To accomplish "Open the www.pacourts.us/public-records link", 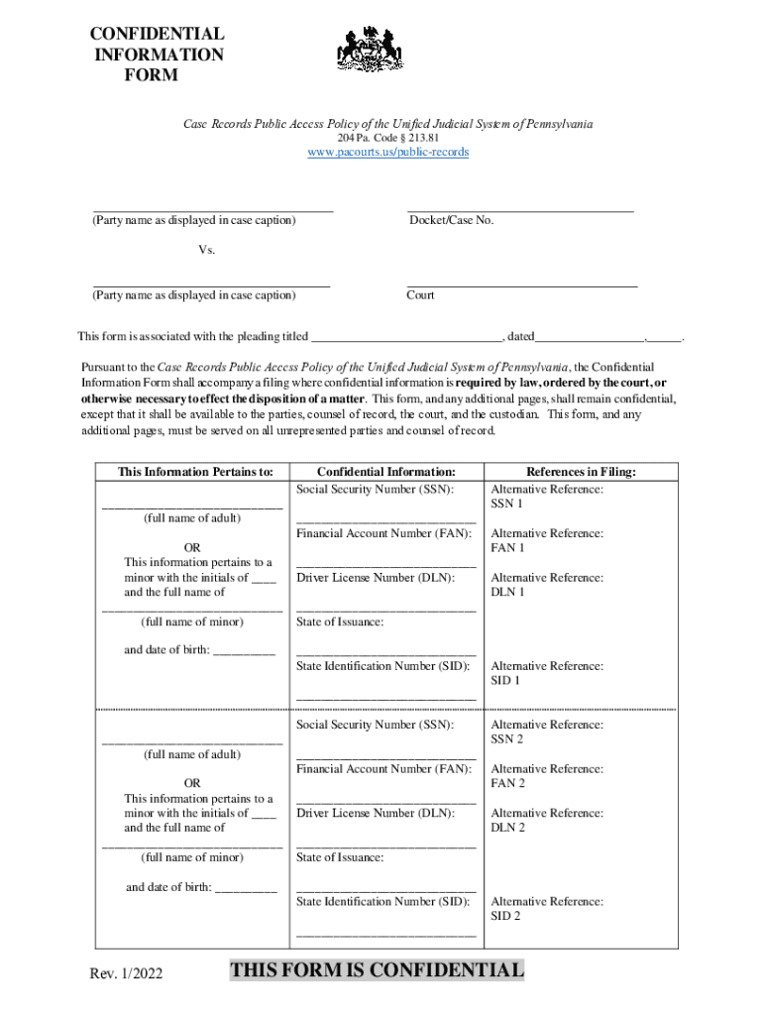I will [387, 153].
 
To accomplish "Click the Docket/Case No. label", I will [451, 220].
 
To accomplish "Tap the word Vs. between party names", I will [206, 250].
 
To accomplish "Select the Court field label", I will [420, 295].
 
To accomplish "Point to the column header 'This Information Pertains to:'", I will [194, 472].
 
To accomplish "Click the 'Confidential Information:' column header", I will [385, 472].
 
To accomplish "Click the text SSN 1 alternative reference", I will [507, 504].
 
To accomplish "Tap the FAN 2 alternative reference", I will [507, 783].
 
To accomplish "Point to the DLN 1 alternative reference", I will [507, 592].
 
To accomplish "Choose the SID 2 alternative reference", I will [505, 916].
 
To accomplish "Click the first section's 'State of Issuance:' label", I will [340, 622].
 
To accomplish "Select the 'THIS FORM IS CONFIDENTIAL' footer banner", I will [377, 970].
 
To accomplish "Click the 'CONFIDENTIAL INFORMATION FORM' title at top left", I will [159, 55].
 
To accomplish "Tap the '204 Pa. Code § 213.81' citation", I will [387, 138].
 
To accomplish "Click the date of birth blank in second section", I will [246, 887].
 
